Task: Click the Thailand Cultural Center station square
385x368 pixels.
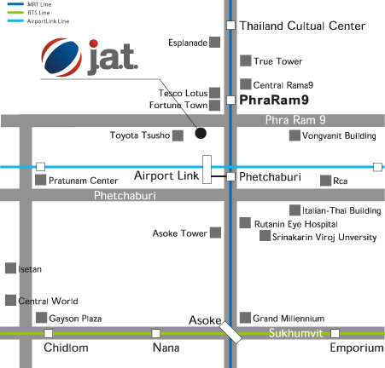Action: point(230,26)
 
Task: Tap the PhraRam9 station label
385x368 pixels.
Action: point(274,100)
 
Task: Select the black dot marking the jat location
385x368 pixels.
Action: point(201,133)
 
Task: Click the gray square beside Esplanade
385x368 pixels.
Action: point(215,43)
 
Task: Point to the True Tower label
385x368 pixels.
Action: point(278,61)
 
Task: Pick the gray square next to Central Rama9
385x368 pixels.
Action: point(246,84)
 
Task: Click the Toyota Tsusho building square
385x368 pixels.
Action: point(178,135)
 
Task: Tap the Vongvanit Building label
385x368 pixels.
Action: point(339,135)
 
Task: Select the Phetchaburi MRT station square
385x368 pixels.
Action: point(230,176)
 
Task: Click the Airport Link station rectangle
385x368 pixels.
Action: point(207,170)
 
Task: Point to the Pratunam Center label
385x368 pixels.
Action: point(84,181)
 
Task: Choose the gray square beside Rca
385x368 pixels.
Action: point(325,181)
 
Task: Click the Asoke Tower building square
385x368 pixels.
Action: point(215,233)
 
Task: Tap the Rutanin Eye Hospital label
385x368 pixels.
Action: point(296,224)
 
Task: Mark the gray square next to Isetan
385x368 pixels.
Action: point(10,268)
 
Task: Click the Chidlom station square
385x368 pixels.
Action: point(49,333)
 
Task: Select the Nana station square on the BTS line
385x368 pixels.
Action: point(155,333)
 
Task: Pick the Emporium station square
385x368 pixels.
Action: point(335,333)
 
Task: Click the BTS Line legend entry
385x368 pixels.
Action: point(28,13)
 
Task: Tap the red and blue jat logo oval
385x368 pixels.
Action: point(61,57)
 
